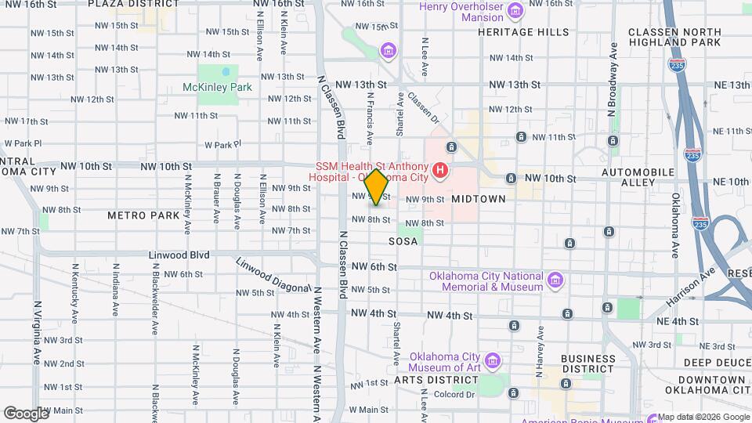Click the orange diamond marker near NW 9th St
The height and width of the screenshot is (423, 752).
[x=376, y=188]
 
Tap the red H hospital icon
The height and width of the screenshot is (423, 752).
[x=440, y=169]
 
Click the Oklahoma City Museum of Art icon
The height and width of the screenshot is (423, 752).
[x=492, y=360]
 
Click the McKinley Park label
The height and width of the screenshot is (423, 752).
[x=217, y=87]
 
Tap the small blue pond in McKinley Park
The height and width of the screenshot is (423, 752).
[x=226, y=71]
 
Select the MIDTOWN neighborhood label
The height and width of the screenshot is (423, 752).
[x=478, y=199]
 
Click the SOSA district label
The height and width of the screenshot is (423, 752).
[x=403, y=242]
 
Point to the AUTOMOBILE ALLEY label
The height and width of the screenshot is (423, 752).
[x=638, y=176]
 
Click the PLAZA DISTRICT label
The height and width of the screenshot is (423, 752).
[x=128, y=4]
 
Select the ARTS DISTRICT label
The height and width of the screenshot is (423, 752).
[x=436, y=380]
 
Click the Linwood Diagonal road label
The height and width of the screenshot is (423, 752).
[x=273, y=276]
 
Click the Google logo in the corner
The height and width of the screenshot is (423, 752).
[x=26, y=413]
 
